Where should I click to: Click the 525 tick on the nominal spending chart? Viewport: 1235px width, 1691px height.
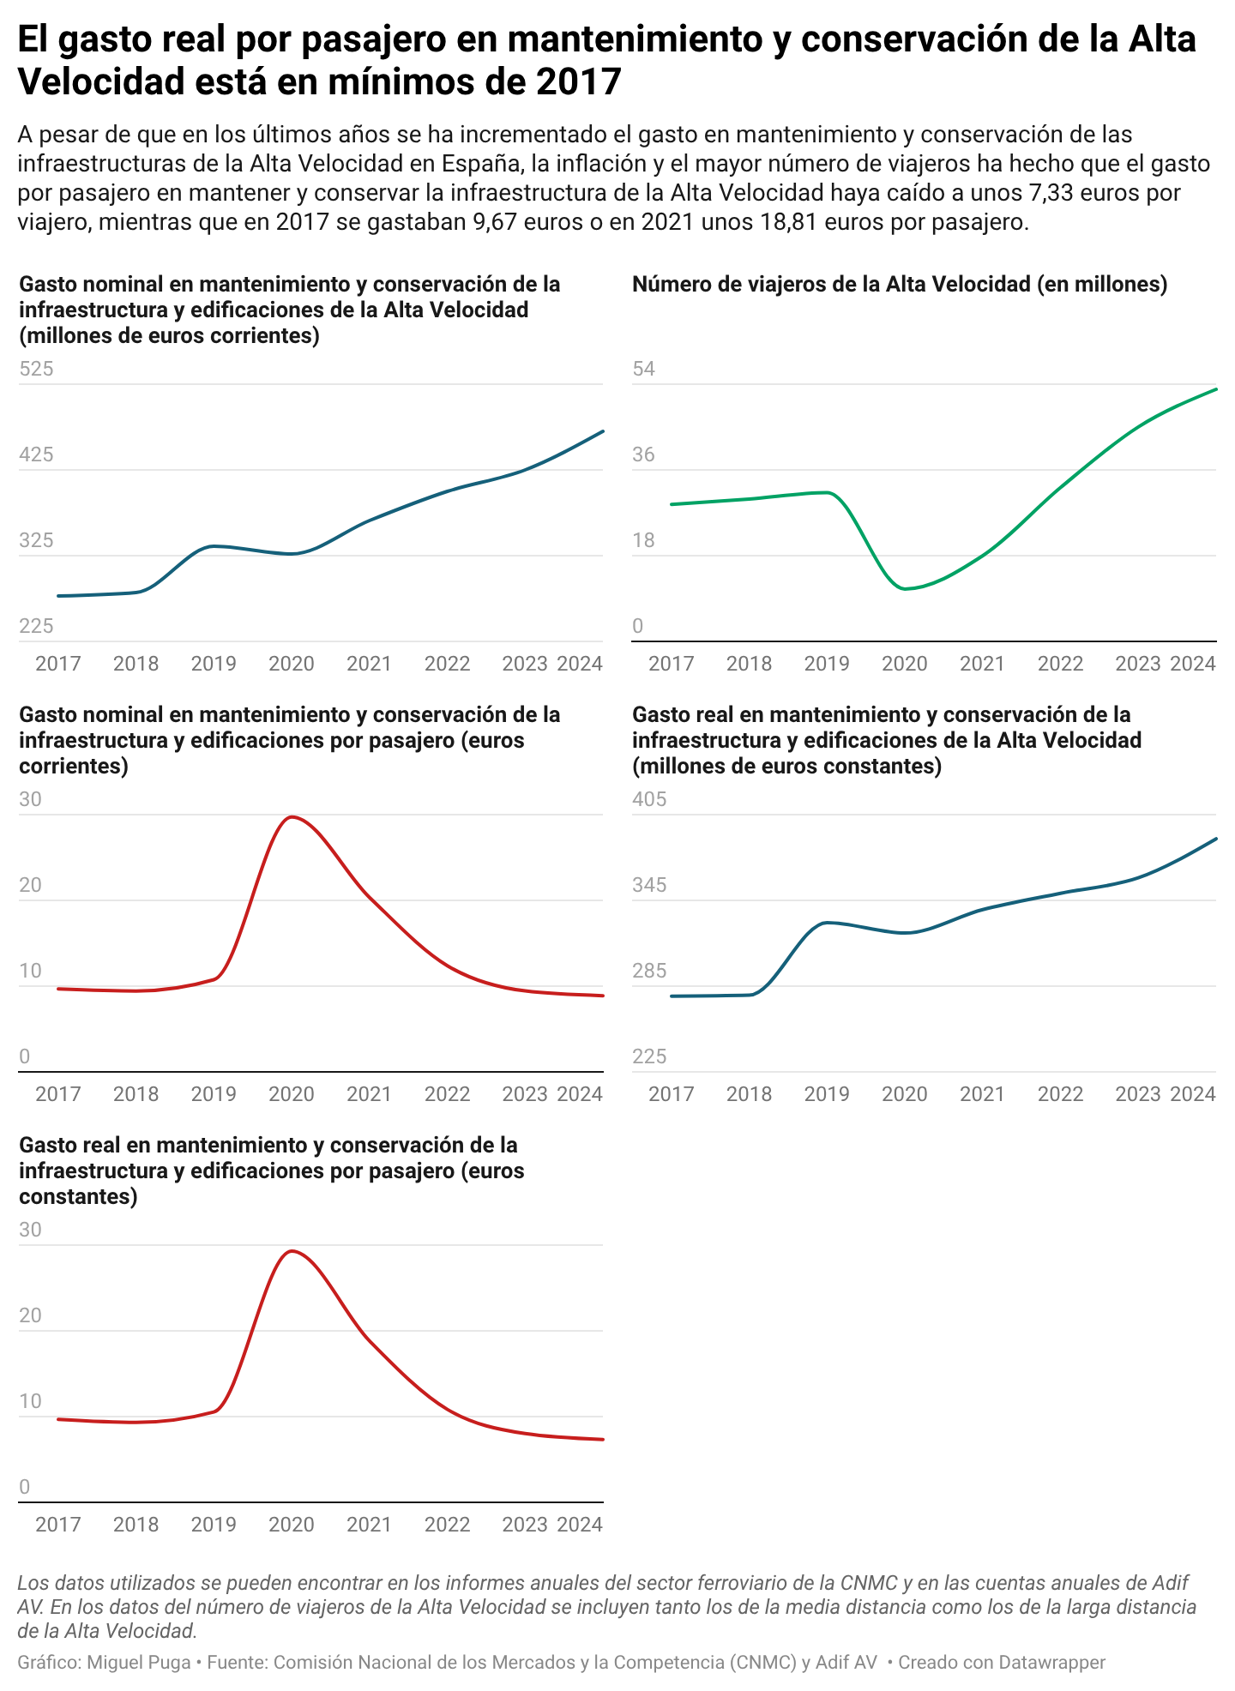tap(36, 370)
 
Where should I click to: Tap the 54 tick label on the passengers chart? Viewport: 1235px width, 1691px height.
tap(643, 370)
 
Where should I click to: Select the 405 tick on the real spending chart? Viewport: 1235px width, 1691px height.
tap(649, 800)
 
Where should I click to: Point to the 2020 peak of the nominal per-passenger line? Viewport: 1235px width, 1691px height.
tap(292, 816)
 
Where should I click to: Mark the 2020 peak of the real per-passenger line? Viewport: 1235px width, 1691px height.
tap(292, 1251)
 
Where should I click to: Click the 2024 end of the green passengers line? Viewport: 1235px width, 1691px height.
tap(1215, 389)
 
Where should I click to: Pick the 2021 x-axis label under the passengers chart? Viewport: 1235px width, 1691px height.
tap(982, 664)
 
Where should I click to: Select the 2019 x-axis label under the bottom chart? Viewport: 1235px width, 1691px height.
tap(214, 1525)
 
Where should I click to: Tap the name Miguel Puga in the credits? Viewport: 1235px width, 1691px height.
tap(139, 1663)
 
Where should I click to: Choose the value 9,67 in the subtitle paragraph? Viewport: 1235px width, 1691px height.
tap(495, 222)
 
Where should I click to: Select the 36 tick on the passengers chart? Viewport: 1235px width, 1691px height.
tap(643, 455)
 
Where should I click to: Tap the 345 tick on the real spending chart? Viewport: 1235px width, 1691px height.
tap(649, 886)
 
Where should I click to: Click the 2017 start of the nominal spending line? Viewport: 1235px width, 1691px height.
tap(58, 596)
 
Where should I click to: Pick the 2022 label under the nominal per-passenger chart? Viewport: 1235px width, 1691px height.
tap(448, 1094)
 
